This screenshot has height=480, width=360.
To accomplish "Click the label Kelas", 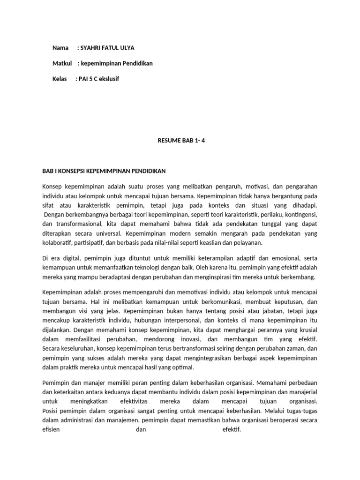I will pyautogui.click(x=60, y=79).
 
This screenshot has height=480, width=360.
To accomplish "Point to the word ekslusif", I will pyautogui.click(x=108, y=79).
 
